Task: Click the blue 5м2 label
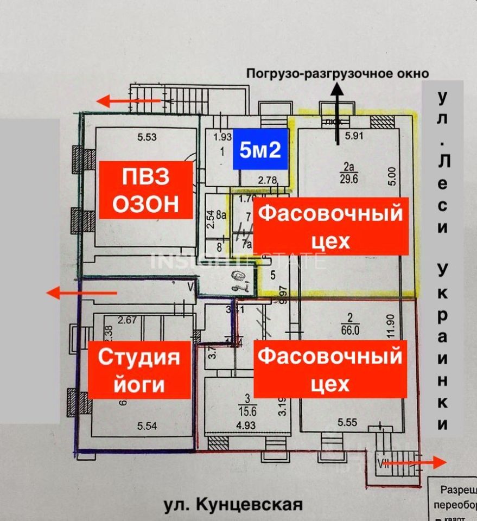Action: (260, 149)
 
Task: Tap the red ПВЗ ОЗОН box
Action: (145, 190)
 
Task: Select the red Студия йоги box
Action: (138, 371)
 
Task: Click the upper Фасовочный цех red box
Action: (331, 226)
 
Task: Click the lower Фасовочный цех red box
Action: (330, 370)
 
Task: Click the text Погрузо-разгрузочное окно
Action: (338, 73)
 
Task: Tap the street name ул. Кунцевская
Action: (233, 504)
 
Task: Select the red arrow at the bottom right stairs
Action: (415, 462)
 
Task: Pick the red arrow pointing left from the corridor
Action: (81, 293)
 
